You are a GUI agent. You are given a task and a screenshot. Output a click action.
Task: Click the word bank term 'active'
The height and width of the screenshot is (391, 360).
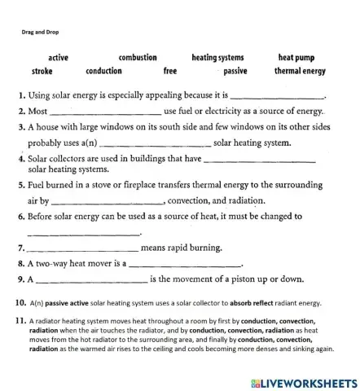click(x=58, y=58)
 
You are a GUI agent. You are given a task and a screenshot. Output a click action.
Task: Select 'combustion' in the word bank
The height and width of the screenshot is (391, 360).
click(x=137, y=58)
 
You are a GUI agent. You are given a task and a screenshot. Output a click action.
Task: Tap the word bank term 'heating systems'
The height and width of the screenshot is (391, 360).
click(x=217, y=58)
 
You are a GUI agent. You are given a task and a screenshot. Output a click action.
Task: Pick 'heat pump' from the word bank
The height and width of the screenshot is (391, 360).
click(x=296, y=58)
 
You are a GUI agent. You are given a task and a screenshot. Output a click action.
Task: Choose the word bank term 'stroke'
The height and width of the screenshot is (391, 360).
click(x=42, y=71)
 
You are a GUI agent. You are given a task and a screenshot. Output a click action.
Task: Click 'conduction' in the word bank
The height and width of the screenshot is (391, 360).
click(x=103, y=71)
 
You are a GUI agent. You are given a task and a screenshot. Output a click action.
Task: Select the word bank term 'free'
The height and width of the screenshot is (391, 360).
click(x=170, y=71)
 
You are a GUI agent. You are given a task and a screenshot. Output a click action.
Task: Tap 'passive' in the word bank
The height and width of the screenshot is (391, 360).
click(x=235, y=71)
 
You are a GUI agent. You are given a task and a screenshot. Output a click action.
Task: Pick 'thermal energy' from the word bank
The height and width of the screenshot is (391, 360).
click(x=299, y=71)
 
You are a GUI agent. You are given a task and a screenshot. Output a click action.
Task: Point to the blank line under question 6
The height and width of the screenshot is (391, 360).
click(x=85, y=232)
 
